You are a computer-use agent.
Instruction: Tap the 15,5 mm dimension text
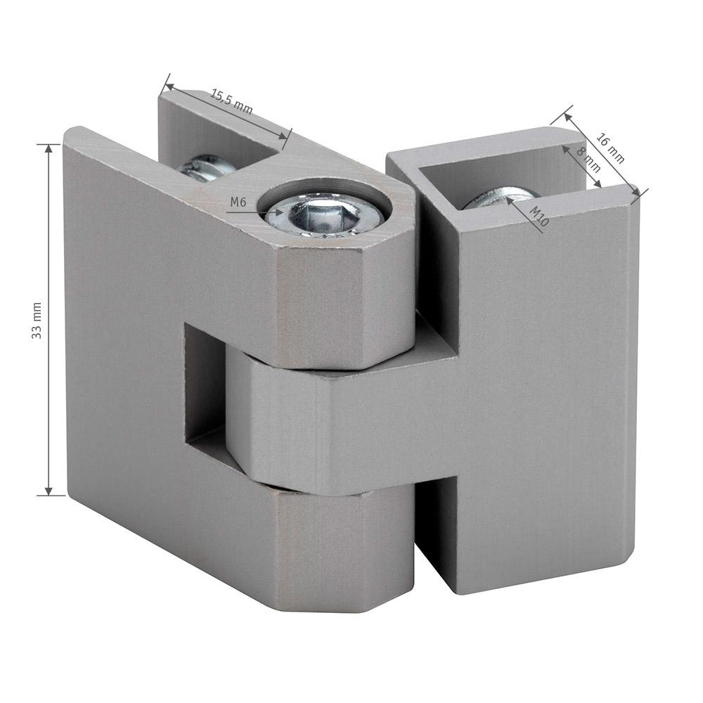coord(232,102)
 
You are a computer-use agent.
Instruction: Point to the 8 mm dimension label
coord(588,160)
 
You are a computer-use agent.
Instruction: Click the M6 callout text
coord(238,202)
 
